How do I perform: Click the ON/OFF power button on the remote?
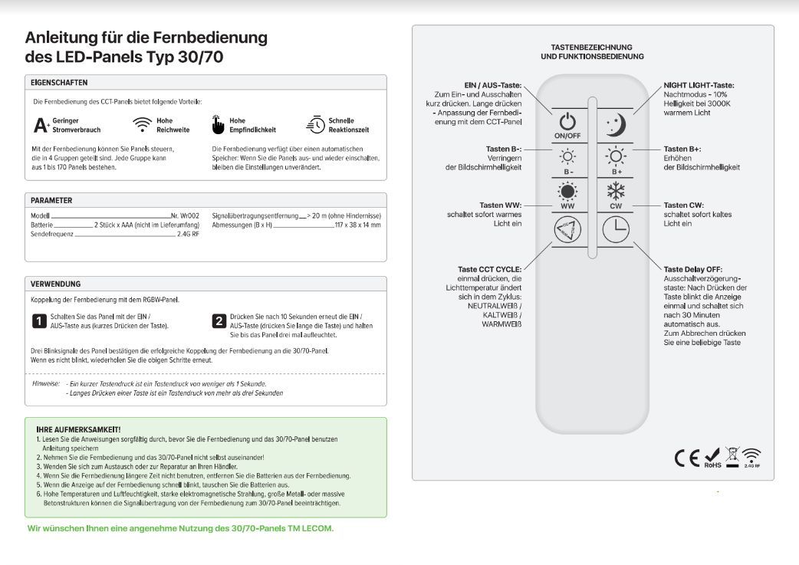567,123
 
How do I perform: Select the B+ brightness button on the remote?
617,159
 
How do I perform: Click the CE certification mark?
687,458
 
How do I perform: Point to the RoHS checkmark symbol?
712,458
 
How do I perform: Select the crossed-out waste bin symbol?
732,457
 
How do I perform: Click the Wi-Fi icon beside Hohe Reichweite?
143,125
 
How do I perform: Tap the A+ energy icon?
42,125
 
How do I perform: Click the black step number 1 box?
38,320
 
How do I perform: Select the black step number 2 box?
219,320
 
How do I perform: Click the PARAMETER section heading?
51,200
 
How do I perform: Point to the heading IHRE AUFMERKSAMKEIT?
78,429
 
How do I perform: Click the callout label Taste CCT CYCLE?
489,269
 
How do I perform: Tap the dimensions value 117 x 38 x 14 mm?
357,225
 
